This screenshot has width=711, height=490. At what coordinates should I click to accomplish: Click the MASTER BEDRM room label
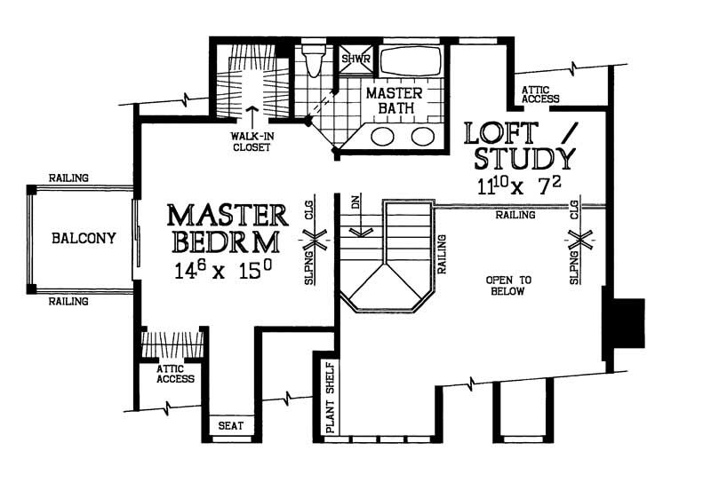click(228, 228)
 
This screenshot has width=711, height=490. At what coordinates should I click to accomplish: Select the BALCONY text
click(83, 238)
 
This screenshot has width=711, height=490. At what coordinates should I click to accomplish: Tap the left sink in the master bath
click(384, 136)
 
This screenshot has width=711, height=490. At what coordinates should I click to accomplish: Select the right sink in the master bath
click(422, 136)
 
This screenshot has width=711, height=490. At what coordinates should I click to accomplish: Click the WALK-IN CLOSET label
click(250, 142)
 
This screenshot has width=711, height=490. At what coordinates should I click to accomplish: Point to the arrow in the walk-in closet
click(250, 116)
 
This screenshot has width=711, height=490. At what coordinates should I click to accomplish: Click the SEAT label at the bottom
click(231, 426)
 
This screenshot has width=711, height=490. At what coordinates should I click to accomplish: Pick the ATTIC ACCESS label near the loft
click(541, 93)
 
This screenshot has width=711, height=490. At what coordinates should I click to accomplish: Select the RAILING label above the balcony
click(68, 178)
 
